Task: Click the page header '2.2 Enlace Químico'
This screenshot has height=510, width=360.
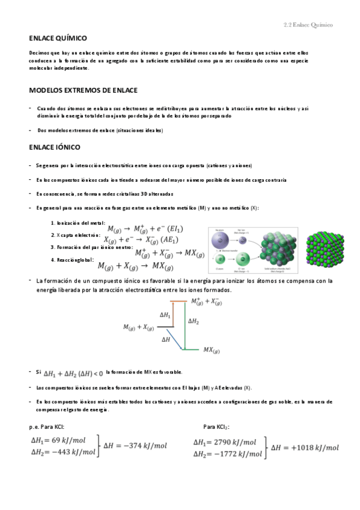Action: coord(308,25)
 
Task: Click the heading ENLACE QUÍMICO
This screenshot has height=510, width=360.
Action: coord(58,38)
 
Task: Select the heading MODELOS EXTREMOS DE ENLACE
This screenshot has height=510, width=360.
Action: coord(84,90)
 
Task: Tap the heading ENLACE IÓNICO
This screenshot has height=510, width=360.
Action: coord(55,147)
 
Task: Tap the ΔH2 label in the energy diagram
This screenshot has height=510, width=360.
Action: coord(194,322)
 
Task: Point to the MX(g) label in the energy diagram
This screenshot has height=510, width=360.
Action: coord(213,349)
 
